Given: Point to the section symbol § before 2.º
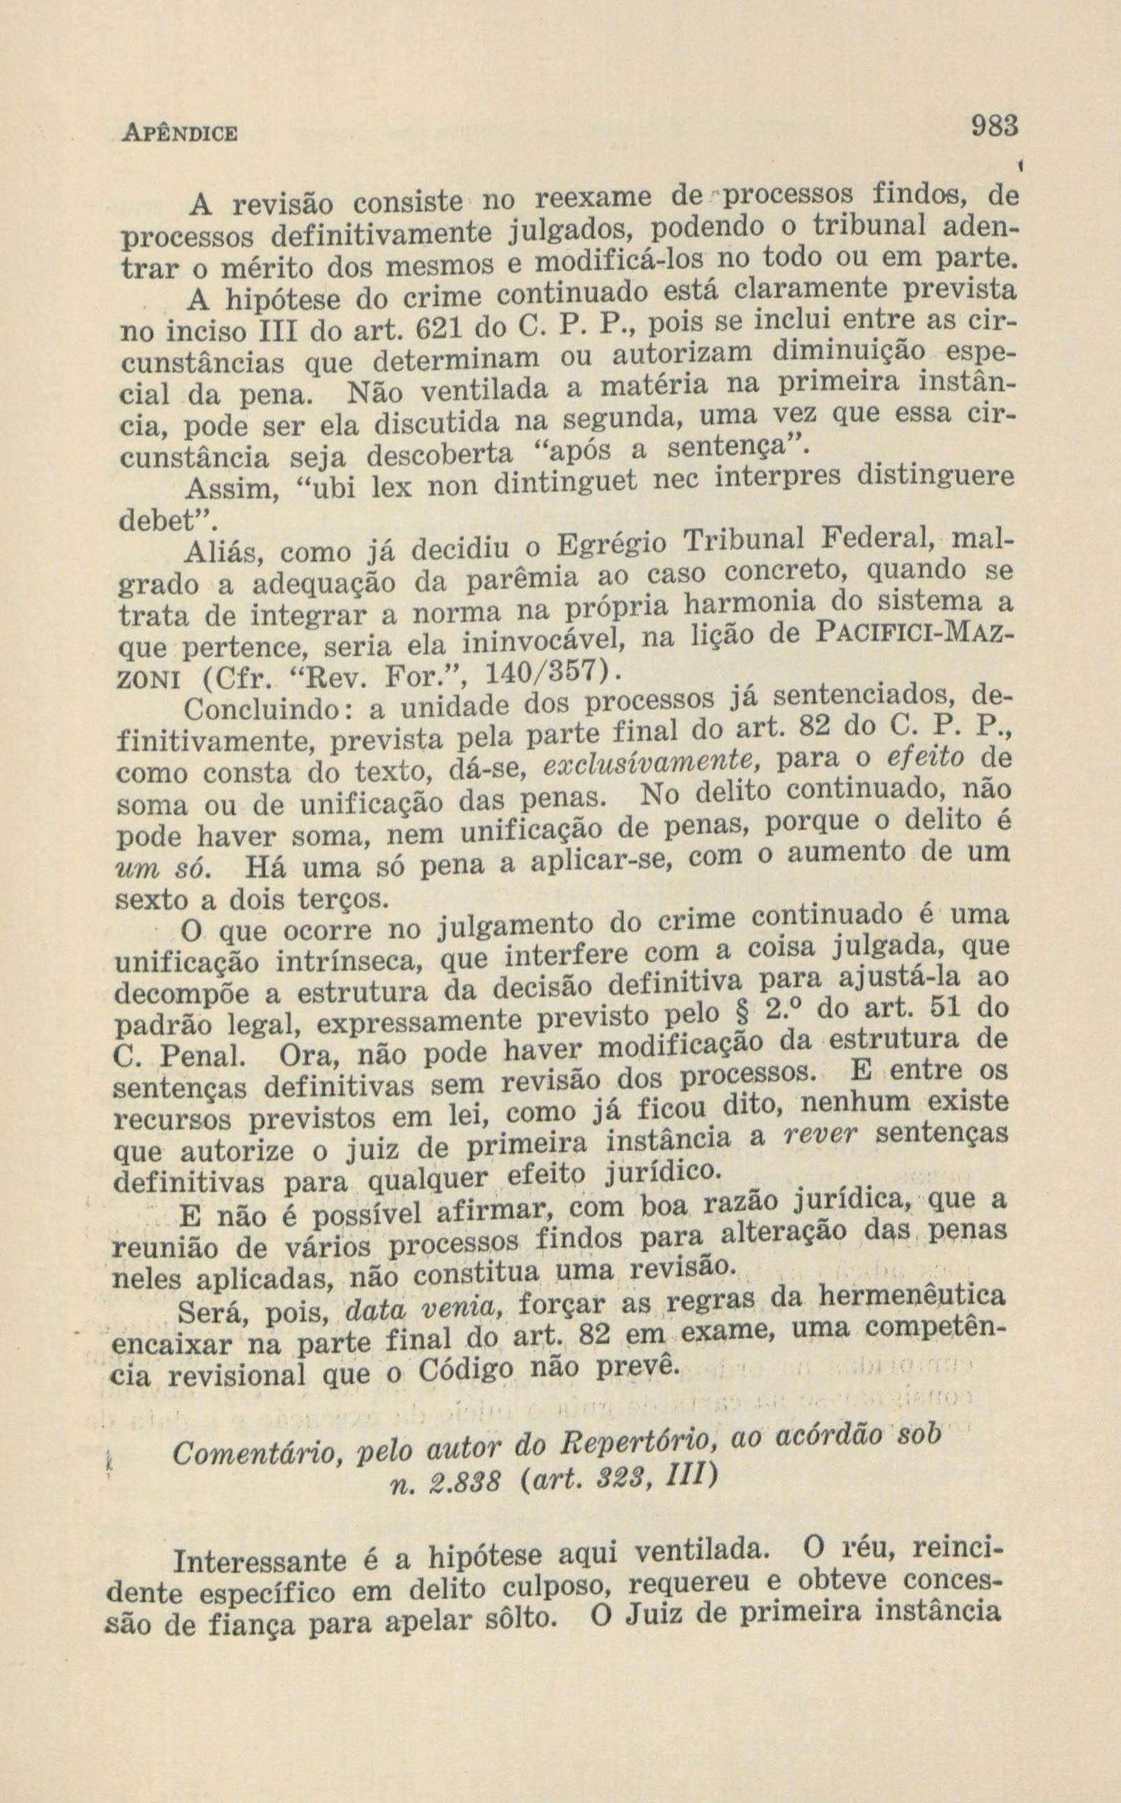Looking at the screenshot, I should (735, 1013).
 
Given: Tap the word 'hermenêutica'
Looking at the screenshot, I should (912, 1298).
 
